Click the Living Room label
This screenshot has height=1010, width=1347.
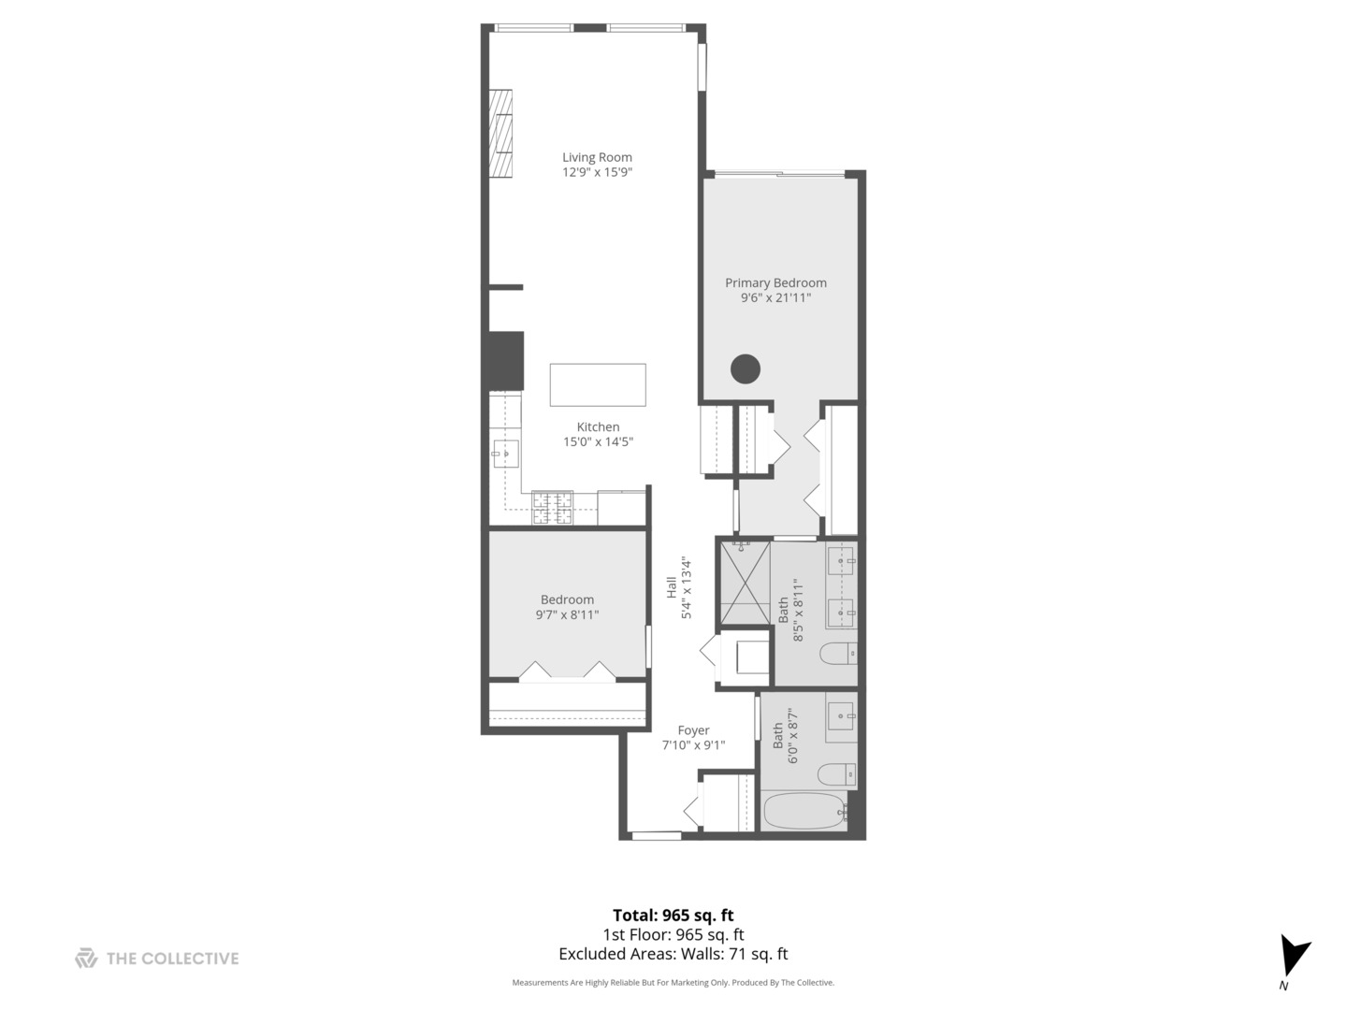(597, 157)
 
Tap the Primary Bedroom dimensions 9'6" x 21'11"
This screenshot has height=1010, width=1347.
(775, 298)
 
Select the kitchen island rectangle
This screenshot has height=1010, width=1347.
(598, 384)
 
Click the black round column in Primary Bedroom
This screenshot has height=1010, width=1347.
(746, 369)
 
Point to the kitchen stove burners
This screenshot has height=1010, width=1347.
(552, 508)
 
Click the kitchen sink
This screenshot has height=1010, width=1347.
(505, 454)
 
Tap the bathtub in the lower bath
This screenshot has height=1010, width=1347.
(804, 811)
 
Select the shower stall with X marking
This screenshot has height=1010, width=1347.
(744, 582)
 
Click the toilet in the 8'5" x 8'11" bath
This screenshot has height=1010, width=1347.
(836, 653)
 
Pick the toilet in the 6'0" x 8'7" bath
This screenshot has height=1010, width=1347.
(836, 774)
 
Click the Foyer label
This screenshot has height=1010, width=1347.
(693, 730)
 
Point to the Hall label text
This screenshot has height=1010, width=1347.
(672, 587)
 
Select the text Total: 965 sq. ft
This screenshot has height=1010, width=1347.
(673, 916)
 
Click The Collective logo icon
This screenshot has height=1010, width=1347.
(86, 959)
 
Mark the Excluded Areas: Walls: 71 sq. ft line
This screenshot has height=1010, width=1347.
(673, 955)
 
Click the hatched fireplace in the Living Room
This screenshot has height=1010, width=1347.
(502, 133)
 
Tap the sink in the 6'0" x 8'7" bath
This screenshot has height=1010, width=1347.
(842, 716)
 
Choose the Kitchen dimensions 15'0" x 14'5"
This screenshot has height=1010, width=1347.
(598, 442)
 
